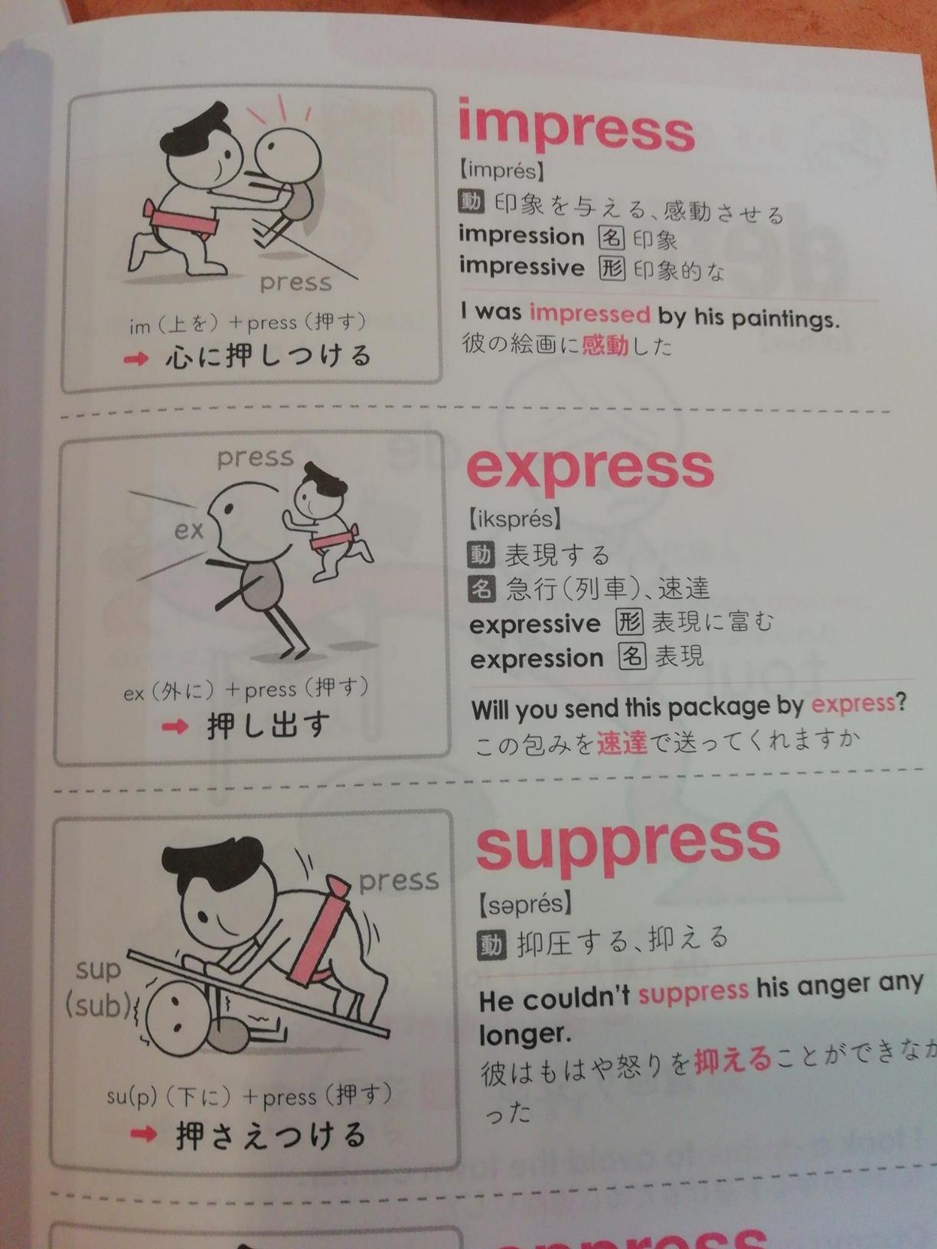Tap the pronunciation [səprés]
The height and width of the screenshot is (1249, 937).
pyautogui.click(x=525, y=905)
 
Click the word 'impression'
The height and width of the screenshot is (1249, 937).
pyautogui.click(x=521, y=236)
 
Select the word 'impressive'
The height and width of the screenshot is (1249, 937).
pyautogui.click(x=521, y=266)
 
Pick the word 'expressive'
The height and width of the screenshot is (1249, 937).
pyautogui.click(x=535, y=624)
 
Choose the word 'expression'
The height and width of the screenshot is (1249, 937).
pyautogui.click(x=537, y=658)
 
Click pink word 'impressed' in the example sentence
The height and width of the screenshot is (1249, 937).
pyautogui.click(x=589, y=313)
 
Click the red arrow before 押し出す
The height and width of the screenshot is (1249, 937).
pyautogui.click(x=175, y=726)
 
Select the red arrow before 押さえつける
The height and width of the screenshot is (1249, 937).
pyautogui.click(x=143, y=1134)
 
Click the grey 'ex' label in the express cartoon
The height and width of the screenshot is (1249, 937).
pyautogui.click(x=188, y=529)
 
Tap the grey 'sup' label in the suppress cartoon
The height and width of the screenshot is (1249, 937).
pyautogui.click(x=98, y=970)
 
